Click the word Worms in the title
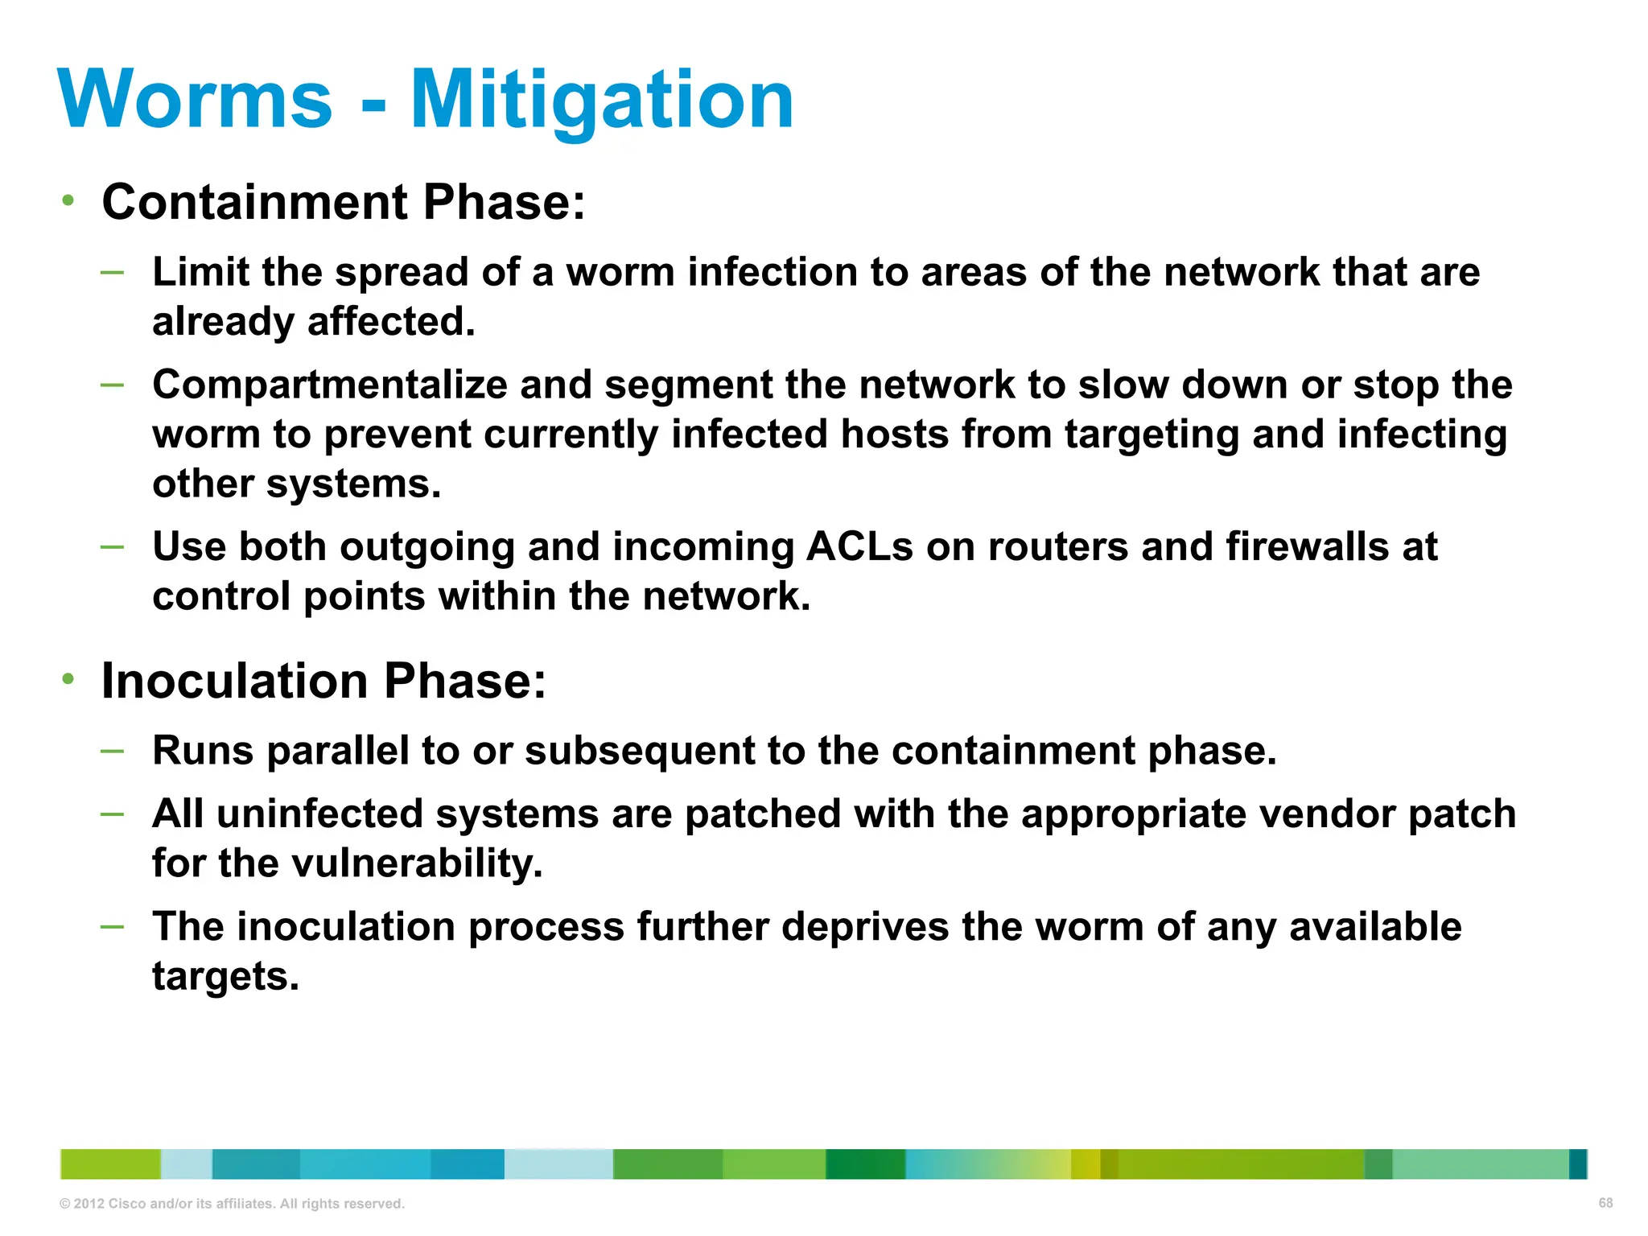click(x=195, y=99)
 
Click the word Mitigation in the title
click(x=602, y=99)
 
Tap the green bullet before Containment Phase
click(x=68, y=200)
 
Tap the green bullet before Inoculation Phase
click(x=68, y=680)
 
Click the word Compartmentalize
click(x=329, y=385)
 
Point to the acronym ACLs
click(x=859, y=547)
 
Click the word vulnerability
click(x=416, y=863)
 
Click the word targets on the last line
click(x=225, y=976)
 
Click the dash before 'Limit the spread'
click(x=113, y=272)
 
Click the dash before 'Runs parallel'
click(x=113, y=751)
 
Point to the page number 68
click(x=1605, y=1203)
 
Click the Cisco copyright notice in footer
click(x=232, y=1204)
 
